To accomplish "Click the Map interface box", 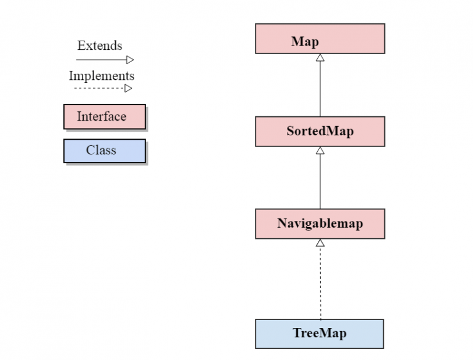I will [x=320, y=39].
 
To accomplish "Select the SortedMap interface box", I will [x=320, y=131].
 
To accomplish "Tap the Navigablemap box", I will [x=320, y=223].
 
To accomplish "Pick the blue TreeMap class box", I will [x=320, y=334].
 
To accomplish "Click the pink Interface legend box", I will [x=104, y=116].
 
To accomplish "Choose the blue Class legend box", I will [x=104, y=151].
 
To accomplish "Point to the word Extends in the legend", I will [x=100, y=46].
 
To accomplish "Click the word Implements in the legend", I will [x=102, y=76].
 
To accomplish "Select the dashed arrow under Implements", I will [x=99, y=88].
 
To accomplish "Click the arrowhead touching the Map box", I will [x=320, y=58].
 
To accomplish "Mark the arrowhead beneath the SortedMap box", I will [x=320, y=150].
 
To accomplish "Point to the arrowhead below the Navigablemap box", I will [x=320, y=242].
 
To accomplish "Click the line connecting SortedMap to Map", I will [x=320, y=89].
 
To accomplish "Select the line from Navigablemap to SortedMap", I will [x=320, y=182].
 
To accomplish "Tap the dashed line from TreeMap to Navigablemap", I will [x=320, y=283].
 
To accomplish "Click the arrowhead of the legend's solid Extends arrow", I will [x=129, y=60].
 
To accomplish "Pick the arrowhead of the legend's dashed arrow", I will [x=129, y=88].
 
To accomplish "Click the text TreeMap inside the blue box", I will [x=320, y=334].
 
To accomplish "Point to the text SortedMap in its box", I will [x=320, y=131].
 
